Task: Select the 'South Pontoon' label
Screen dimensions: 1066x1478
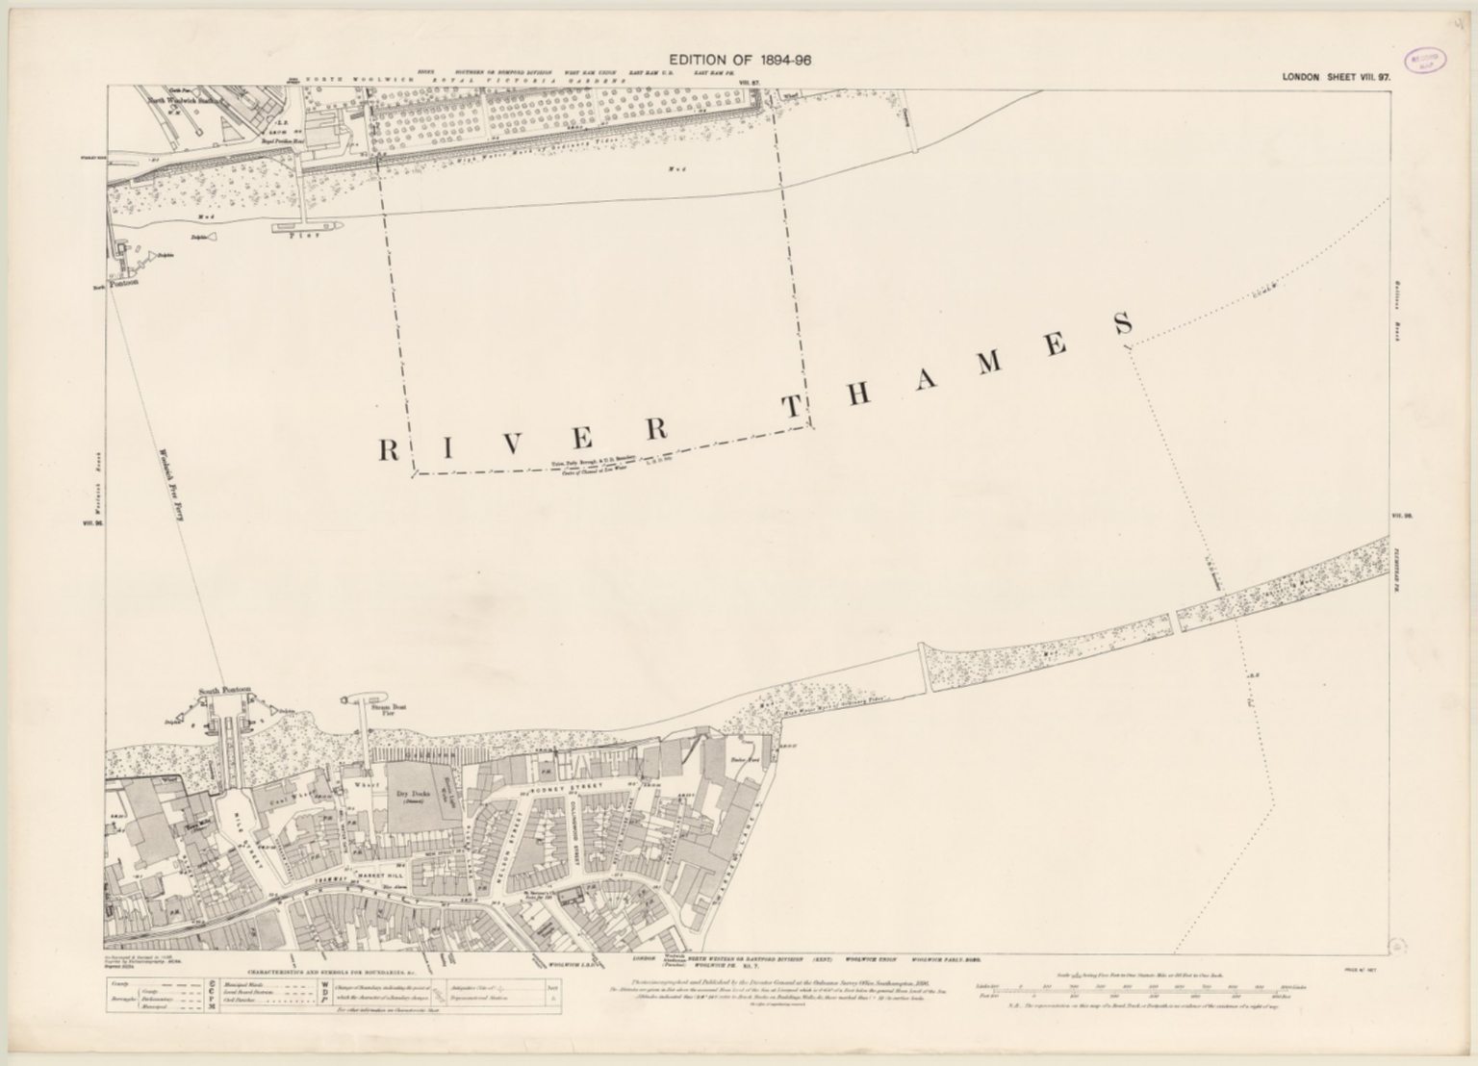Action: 224,690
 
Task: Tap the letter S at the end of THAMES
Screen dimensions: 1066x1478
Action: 1123,325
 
